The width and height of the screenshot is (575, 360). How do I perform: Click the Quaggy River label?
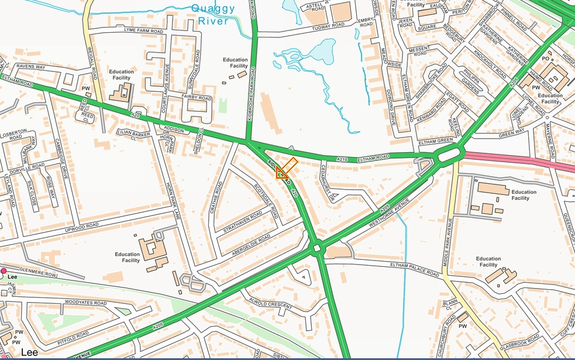coord(213,15)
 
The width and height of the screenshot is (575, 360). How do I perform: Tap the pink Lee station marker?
coord(4,271)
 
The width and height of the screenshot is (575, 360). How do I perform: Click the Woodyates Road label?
coord(86,303)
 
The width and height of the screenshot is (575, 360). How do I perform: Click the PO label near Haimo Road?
coord(545,59)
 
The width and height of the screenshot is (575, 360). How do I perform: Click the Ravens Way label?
coord(31,67)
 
